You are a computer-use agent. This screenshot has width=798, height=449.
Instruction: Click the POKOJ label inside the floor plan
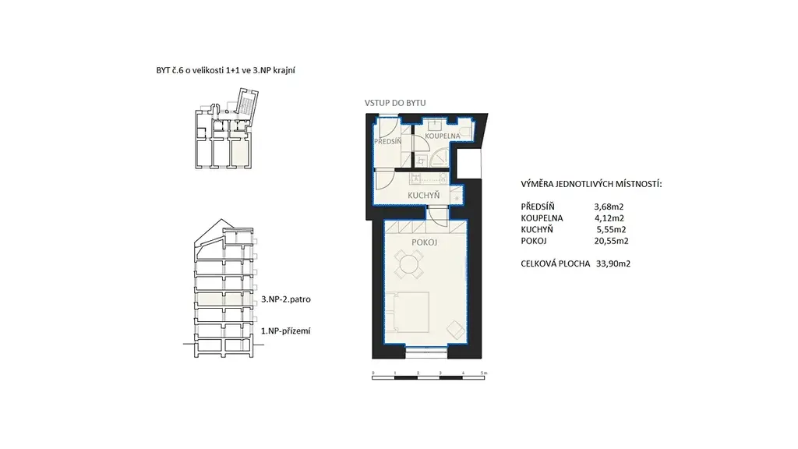click(425, 242)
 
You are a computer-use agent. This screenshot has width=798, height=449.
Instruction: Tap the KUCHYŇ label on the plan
click(423, 196)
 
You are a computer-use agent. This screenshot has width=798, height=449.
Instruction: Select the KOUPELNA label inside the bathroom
click(443, 136)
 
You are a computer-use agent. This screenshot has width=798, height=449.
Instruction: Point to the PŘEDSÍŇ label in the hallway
click(388, 141)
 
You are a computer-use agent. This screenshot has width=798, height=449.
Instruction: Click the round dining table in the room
click(408, 264)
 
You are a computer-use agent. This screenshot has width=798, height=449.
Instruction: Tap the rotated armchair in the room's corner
click(456, 330)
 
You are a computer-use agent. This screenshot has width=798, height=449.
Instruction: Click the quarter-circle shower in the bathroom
click(439, 159)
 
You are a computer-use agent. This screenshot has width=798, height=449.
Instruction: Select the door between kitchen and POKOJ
click(437, 213)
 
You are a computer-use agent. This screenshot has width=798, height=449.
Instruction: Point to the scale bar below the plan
click(429, 377)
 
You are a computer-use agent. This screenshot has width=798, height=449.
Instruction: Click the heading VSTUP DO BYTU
click(395, 103)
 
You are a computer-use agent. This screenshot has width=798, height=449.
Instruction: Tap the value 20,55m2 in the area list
click(611, 241)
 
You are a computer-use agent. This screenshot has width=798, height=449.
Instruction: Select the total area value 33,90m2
click(613, 263)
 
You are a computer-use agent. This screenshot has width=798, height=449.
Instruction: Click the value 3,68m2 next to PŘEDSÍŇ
click(609, 207)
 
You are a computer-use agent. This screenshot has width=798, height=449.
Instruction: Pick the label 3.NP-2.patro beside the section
click(286, 299)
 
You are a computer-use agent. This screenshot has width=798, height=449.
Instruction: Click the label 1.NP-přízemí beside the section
click(285, 331)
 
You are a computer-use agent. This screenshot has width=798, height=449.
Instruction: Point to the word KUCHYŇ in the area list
click(537, 230)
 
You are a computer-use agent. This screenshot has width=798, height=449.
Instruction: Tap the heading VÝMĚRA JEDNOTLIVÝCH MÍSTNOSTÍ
click(591, 184)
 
